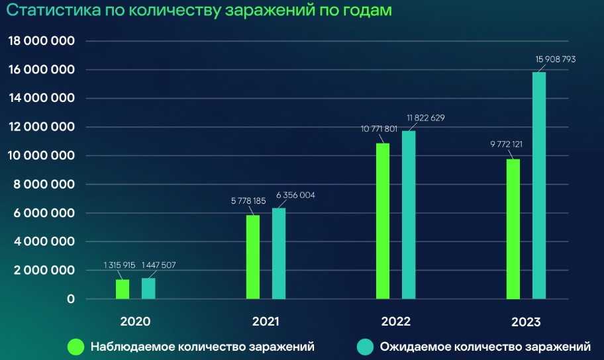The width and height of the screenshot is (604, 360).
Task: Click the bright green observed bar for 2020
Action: tap(123, 289)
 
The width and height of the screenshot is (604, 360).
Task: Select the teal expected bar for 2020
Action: tap(148, 289)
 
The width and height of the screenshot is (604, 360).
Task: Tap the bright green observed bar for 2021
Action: tap(252, 257)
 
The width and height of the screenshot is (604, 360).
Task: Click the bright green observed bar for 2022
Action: tap(383, 221)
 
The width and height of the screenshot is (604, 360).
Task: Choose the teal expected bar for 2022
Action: tap(409, 214)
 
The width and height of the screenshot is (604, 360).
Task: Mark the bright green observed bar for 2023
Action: tap(513, 229)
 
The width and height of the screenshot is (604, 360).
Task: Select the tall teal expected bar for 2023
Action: tap(539, 185)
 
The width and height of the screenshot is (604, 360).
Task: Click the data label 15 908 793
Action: tap(556, 60)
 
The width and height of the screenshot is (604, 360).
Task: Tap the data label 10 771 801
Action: tap(377, 128)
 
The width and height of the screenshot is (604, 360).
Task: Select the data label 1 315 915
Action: tap(119, 265)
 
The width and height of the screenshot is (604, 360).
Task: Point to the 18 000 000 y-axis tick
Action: tap(41, 41)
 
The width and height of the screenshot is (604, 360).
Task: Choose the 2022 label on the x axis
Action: tap(396, 322)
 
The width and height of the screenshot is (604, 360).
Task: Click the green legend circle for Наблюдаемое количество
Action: tap(76, 346)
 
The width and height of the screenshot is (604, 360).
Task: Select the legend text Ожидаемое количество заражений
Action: tap(485, 346)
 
